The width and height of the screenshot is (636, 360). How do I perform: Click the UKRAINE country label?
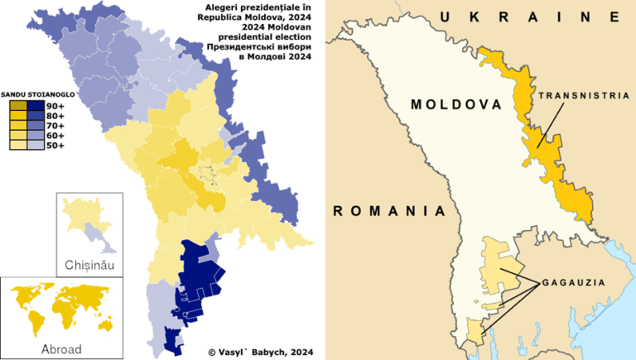pos(530,17)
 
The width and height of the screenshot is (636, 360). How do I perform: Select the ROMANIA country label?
pos(382,211)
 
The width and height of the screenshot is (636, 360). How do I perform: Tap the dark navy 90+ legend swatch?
pos(36,106)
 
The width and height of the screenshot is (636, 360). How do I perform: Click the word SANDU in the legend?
pos(14,94)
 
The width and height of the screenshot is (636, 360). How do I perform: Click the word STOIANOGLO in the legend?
pos(51,94)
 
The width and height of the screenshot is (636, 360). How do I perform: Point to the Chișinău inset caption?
pos(89,266)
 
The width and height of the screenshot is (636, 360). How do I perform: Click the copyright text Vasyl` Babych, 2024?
pos(264,350)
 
